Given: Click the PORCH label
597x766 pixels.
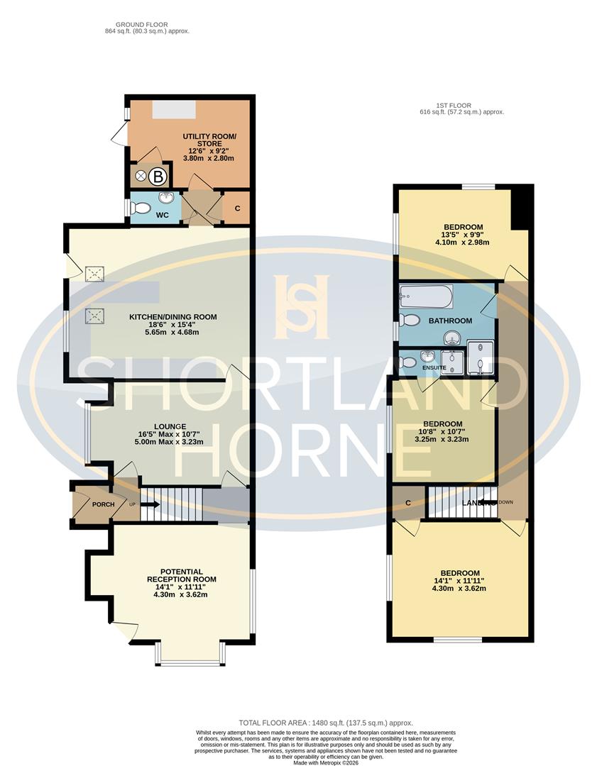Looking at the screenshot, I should pyautogui.click(x=102, y=505).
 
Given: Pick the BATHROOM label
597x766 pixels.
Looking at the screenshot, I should pyautogui.click(x=450, y=321).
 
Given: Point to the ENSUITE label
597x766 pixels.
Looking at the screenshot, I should pyautogui.click(x=434, y=367).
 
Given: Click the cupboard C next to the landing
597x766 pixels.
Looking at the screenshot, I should pyautogui.click(x=407, y=503).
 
